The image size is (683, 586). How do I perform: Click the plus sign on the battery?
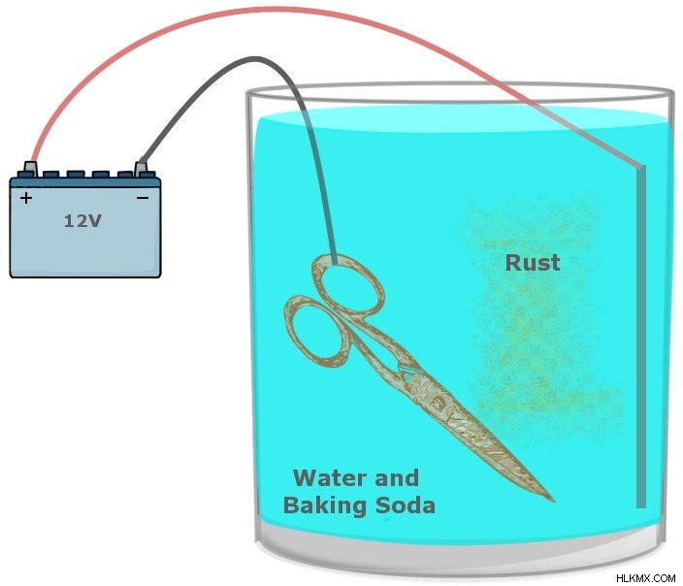point(26,198)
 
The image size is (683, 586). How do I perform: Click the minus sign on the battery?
point(143,198)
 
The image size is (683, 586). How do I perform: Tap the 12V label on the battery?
point(82,221)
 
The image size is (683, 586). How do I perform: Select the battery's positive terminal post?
point(30,169)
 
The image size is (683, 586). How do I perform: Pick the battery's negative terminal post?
point(141,169)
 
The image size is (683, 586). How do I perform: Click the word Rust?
point(533,263)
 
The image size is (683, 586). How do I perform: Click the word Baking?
point(324,506)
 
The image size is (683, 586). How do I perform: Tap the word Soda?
point(406,505)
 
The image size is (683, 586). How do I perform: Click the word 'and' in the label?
point(397,478)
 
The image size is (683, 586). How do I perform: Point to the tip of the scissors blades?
point(554,501)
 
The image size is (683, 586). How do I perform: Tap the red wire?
point(278,9)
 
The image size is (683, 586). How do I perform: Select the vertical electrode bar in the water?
point(640,337)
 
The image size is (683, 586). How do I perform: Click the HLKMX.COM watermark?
point(645,578)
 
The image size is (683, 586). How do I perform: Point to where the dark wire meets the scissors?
point(335,261)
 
